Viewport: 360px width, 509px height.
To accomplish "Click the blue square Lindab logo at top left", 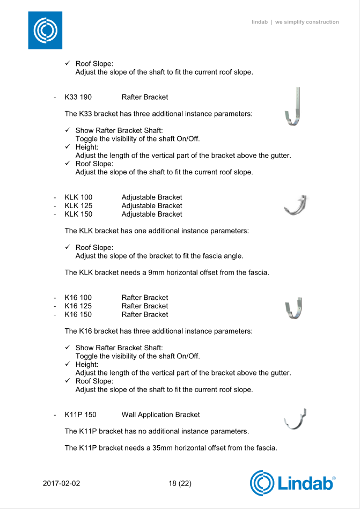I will click(45, 30).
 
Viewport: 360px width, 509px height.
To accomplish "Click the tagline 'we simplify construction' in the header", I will click(307, 22).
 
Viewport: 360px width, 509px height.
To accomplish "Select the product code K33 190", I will click(78, 97).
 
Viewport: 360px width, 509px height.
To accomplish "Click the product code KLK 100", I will click(78, 197).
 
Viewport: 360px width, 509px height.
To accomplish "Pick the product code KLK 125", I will click(78, 206).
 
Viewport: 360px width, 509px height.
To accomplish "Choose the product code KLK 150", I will click(78, 215).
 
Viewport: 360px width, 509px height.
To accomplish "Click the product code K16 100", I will click(78, 298).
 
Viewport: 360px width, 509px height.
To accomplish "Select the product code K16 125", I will click(78, 306).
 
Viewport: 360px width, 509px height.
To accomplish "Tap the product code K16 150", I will click(78, 315).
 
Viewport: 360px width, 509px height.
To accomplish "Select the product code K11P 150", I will click(80, 415).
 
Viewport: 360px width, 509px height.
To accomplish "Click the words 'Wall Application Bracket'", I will click(160, 415).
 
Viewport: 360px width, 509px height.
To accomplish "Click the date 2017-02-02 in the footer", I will click(61, 483).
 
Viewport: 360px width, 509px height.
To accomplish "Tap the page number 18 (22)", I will click(180, 483).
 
